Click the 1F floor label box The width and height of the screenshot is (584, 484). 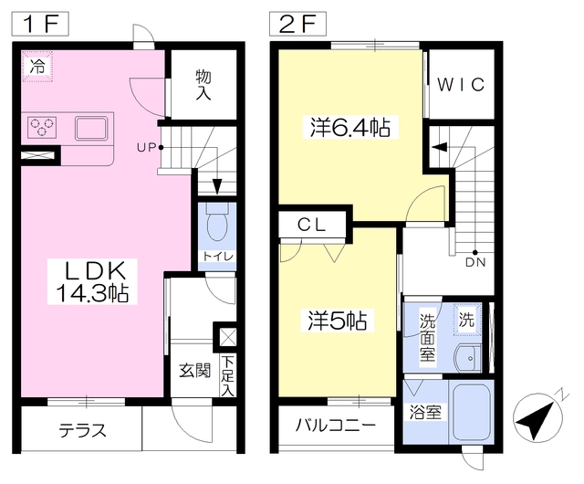[x=40, y=24]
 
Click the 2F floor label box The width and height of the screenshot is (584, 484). [x=297, y=24]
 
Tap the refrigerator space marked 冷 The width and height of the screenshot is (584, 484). [x=37, y=67]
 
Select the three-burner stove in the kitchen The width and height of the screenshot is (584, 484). [x=42, y=127]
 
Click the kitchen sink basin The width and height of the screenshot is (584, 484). [x=91, y=128]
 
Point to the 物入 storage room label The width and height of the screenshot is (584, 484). [x=203, y=85]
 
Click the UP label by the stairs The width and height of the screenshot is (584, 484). [x=146, y=148]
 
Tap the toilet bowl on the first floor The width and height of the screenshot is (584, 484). [x=217, y=225]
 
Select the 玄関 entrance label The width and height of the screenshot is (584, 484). [x=195, y=371]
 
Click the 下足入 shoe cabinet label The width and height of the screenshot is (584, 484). [x=227, y=376]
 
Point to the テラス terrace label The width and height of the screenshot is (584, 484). [x=83, y=431]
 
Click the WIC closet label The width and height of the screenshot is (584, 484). [x=461, y=85]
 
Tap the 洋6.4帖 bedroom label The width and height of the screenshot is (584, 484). [x=350, y=128]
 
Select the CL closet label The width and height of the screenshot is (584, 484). [x=312, y=225]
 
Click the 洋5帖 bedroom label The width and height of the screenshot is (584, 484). [x=338, y=321]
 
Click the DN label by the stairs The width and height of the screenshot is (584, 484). [x=475, y=262]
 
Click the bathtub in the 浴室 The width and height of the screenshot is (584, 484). [x=472, y=412]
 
